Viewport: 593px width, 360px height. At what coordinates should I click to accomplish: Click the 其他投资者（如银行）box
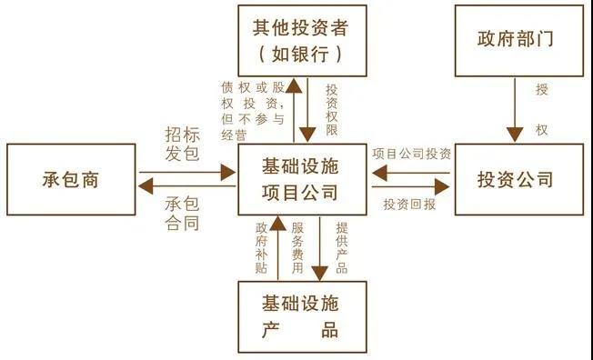point(301,40)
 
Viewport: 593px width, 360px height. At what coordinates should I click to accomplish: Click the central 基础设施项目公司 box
point(301,179)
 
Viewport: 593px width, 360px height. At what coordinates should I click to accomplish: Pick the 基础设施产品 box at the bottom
point(301,315)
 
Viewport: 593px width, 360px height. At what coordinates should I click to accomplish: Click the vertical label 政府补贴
point(262,245)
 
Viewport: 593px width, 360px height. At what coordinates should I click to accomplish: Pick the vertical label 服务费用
point(297,245)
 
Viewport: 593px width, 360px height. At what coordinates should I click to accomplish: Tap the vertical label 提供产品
point(341,245)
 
